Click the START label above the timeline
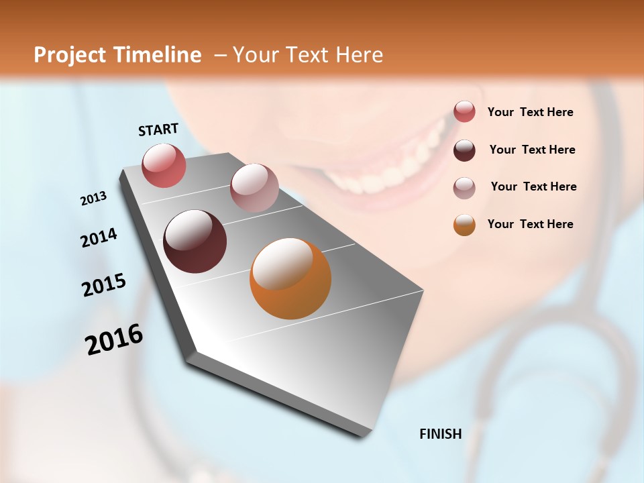pos(158,129)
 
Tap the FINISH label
pos(440,434)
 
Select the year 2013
pos(93,199)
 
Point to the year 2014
pos(99,237)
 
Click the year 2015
pos(104,285)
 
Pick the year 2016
pos(114,339)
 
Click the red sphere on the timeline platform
pos(164,165)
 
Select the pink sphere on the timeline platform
pos(254,187)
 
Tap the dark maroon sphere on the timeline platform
pos(195,241)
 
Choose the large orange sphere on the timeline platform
pos(290,278)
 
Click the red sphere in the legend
pos(464,111)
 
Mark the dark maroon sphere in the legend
pos(464,150)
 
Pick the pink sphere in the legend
pos(464,187)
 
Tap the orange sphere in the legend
pos(464,225)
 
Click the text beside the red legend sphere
pos(530,112)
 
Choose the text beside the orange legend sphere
pos(530,224)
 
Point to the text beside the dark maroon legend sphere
pos(532,150)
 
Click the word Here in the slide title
pos(359,55)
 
